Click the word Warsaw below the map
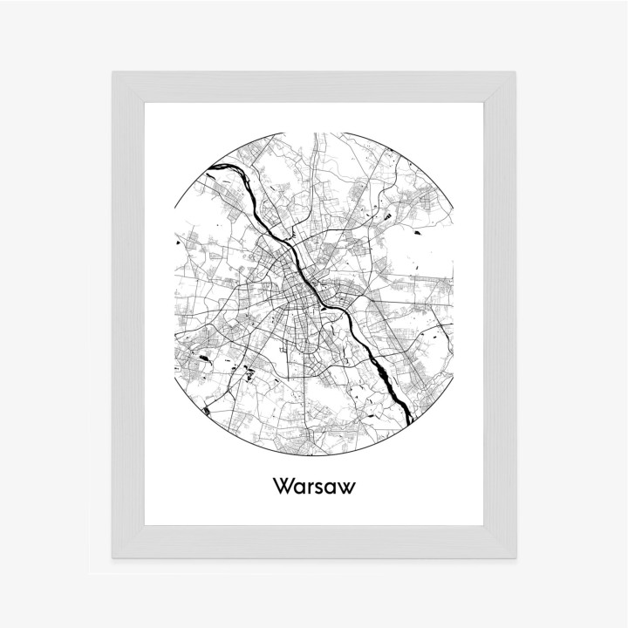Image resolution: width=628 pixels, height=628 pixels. coord(313,486)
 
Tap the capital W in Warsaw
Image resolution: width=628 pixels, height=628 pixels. coord(283,486)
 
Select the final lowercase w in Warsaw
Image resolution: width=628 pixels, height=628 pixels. coord(347,488)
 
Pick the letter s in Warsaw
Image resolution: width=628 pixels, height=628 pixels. coord(319,488)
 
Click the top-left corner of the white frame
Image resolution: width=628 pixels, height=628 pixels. coord(112,72)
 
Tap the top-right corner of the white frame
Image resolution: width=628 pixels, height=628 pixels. coord(516,72)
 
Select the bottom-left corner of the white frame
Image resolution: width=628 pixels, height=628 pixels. coord(112,557)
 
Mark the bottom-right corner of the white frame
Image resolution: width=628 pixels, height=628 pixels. coord(516,557)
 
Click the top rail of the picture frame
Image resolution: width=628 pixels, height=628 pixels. coord(314,87)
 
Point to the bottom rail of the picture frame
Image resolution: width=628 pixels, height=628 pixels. coord(314,542)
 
